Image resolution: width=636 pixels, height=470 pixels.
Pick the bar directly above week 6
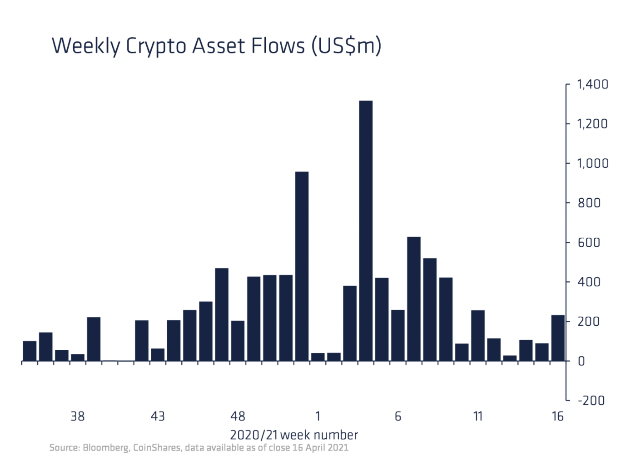pos(398,335)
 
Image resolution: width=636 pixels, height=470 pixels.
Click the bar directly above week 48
pos(238,341)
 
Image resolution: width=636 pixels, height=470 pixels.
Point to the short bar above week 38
pos(78,357)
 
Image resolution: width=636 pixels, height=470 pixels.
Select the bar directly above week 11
pos(478,336)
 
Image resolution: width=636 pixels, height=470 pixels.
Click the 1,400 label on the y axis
pos(592,84)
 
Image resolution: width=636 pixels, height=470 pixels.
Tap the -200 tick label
pos(591,401)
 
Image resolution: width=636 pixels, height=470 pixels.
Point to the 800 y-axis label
pos(589,203)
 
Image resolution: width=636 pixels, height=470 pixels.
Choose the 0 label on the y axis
pos(581,362)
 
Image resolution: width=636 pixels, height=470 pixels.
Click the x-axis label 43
pos(158,416)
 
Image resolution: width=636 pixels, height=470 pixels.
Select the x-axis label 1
pos(318,416)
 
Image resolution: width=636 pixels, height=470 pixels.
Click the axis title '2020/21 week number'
pos(294,435)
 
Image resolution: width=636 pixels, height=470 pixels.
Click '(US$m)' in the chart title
pos(346,46)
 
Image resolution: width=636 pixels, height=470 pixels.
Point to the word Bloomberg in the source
pos(106,448)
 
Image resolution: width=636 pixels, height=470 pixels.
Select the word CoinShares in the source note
pos(156,448)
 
